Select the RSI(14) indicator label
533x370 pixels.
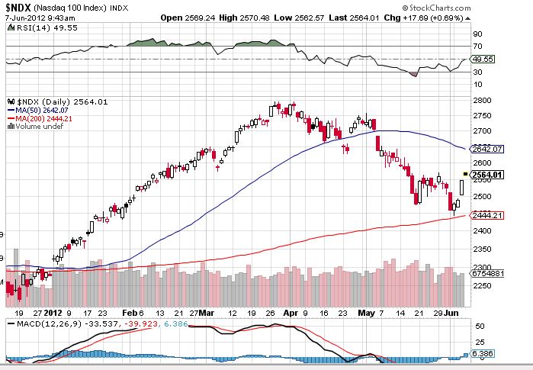click(x=28, y=27)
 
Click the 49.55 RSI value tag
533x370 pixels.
click(x=483, y=58)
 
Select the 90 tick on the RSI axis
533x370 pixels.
click(x=477, y=34)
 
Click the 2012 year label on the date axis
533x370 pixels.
click(x=53, y=313)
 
